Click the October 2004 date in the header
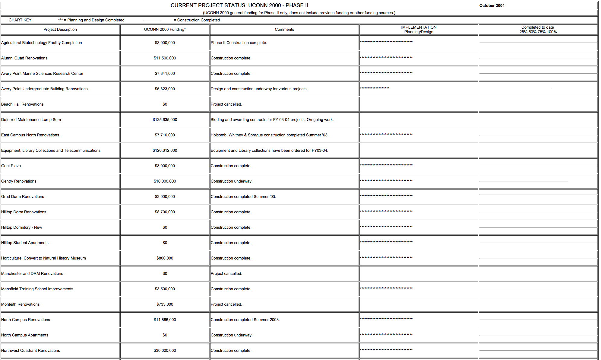[x=492, y=5]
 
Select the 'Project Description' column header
[x=60, y=29]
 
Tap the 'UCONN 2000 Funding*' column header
[x=165, y=29]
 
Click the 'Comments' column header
[x=284, y=29]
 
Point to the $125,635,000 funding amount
[x=165, y=119]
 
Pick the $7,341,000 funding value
[x=165, y=73]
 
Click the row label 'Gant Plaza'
[x=11, y=166]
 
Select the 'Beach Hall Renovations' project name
[x=22, y=104]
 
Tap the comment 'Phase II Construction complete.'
[x=239, y=43]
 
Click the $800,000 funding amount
[x=165, y=258]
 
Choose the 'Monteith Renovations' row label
[x=21, y=304]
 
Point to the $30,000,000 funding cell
[x=165, y=350]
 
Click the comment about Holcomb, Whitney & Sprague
[x=269, y=135]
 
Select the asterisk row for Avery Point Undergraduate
[x=375, y=88]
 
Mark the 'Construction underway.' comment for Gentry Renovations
[x=231, y=181]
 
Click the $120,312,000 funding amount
[x=165, y=150]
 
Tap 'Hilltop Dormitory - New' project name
[x=22, y=227]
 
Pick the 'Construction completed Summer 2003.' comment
[x=245, y=320]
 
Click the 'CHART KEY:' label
[x=21, y=20]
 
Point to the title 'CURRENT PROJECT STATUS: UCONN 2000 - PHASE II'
[x=239, y=5]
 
